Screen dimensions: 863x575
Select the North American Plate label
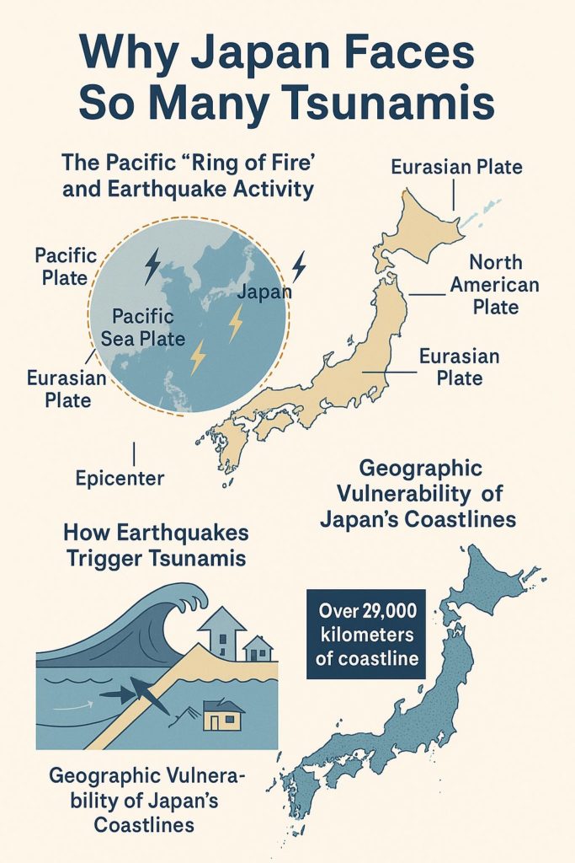[x=494, y=285]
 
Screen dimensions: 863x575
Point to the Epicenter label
[x=120, y=478]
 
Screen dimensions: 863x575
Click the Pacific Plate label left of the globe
[x=66, y=265]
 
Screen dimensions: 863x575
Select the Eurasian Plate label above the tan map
[x=456, y=167]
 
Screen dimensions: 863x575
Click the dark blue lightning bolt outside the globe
[x=298, y=266]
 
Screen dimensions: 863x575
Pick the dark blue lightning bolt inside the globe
[x=152, y=266]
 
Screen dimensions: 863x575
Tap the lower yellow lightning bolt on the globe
[x=198, y=357]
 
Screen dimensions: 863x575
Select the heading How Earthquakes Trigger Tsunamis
[x=156, y=545]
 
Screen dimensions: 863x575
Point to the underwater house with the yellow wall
[x=222, y=716]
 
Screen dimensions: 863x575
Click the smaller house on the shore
[x=258, y=648]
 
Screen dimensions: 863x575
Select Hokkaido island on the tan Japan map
[x=416, y=228]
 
